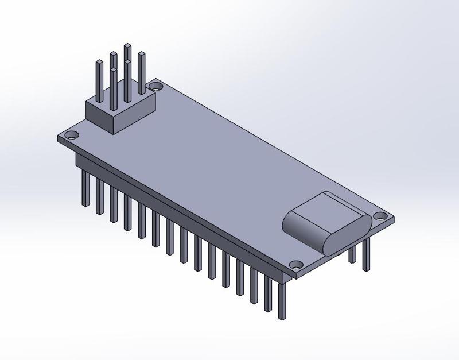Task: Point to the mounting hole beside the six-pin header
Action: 155,87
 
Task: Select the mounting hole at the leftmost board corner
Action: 72,136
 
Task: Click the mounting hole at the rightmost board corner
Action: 380,216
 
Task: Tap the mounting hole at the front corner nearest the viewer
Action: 296,265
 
